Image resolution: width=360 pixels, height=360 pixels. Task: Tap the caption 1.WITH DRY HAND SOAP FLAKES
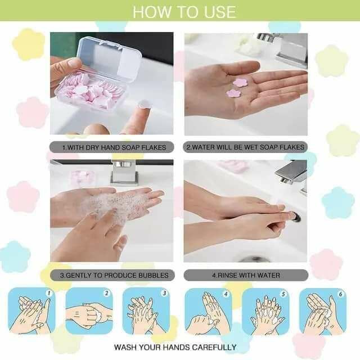pyautogui.click(x=114, y=147)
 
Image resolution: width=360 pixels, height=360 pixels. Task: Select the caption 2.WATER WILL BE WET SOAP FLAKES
pyautogui.click(x=246, y=147)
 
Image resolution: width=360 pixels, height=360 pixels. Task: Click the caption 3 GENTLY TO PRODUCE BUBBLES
pyautogui.click(x=114, y=275)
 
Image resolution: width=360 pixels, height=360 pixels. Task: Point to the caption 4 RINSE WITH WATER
pyautogui.click(x=246, y=275)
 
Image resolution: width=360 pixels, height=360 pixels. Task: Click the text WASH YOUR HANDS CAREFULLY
pyautogui.click(x=175, y=347)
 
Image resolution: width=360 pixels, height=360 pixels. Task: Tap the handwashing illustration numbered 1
pyautogui.click(x=31, y=311)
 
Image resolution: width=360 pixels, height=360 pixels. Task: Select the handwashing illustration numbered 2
pyautogui.click(x=89, y=311)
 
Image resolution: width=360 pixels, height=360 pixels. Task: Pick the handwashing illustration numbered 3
pyautogui.click(x=146, y=311)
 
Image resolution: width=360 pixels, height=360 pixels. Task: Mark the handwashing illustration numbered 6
pyautogui.click(x=322, y=311)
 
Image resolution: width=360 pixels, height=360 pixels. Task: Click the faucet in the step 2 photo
pyautogui.click(x=287, y=48)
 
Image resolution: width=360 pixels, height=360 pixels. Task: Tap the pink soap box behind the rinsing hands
pyautogui.click(x=234, y=166)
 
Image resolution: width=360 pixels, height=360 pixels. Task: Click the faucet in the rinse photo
pyautogui.click(x=294, y=172)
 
